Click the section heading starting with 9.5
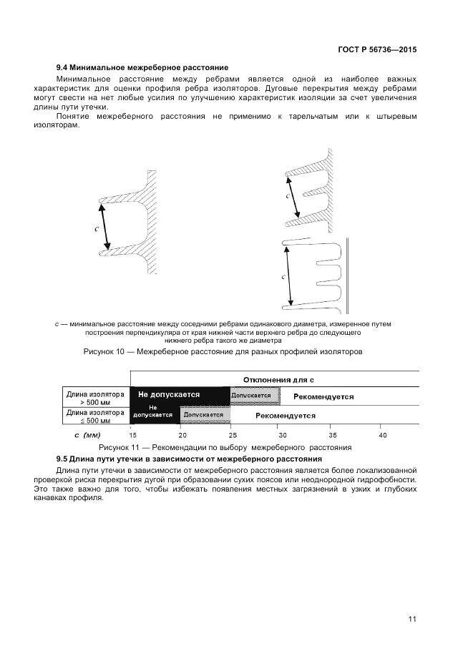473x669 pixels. pos(189,458)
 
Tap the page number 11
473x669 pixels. pos(412,619)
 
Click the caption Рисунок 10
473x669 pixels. pos(223,351)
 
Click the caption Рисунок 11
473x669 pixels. pos(225,447)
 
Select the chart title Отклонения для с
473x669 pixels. pos(278,379)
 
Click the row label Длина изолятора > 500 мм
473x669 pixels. pos(94,396)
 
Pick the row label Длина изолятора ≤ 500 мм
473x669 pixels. pos(94,415)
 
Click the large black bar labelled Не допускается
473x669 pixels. pos(180,396)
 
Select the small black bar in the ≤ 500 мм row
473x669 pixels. pos(154,414)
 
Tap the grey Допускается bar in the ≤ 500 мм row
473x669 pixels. pos(205,415)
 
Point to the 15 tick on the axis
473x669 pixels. pos(132,434)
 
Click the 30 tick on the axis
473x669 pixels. pos(282,434)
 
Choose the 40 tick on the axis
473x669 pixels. pos(382,434)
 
